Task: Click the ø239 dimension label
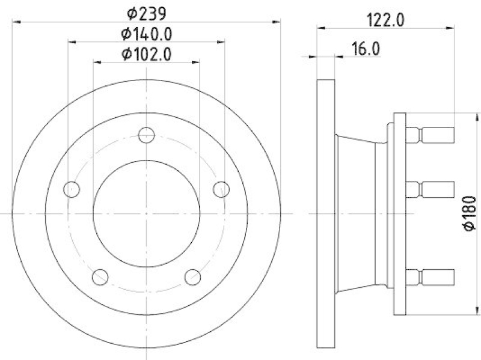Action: pyautogui.click(x=147, y=13)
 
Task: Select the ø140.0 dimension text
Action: pyautogui.click(x=147, y=34)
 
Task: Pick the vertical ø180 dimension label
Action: pyautogui.click(x=470, y=213)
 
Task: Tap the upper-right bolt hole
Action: pyautogui.click(x=221, y=189)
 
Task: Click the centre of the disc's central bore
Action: pyautogui.click(x=147, y=213)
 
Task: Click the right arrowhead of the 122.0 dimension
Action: pyautogui.click(x=449, y=27)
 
